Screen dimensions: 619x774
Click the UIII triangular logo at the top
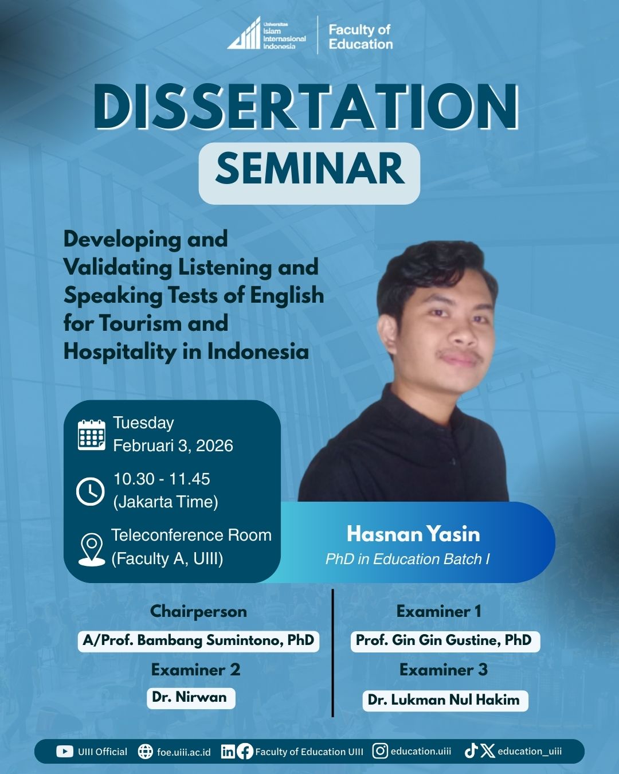coord(244,33)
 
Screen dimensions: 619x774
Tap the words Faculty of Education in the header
coord(361,37)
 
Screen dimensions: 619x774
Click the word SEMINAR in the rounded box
coord(309,169)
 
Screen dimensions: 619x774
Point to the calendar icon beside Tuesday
coord(92,435)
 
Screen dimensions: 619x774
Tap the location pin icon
coord(92,550)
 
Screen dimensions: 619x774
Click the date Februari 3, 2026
coord(173,446)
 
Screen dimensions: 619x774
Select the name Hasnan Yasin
coord(413,534)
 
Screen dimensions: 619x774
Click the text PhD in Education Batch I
coord(408,559)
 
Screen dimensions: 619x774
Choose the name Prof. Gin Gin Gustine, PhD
coord(444,640)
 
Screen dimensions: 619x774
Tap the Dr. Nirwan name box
coord(191,698)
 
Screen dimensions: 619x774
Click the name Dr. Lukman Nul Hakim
coord(444,700)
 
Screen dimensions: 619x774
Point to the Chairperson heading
coord(198,611)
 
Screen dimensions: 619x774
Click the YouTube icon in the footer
coord(65,752)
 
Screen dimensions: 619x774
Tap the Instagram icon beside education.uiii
coord(380,751)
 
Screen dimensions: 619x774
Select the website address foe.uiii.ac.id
coord(184,752)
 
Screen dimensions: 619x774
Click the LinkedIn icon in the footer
coord(228,752)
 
